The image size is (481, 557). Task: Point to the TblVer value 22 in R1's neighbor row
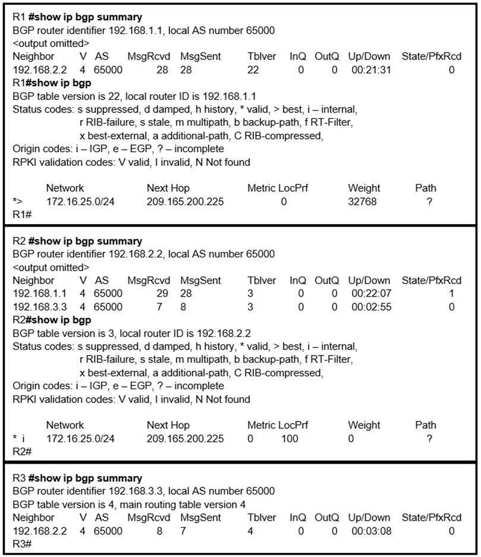pyautogui.click(x=254, y=70)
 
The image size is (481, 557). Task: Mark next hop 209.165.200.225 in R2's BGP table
pyautogui.click(x=185, y=439)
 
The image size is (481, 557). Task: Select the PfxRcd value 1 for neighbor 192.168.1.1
pyautogui.click(x=452, y=294)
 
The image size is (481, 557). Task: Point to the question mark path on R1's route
pyautogui.click(x=429, y=202)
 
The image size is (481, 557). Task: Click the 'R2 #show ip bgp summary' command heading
pyautogui.click(x=77, y=241)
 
